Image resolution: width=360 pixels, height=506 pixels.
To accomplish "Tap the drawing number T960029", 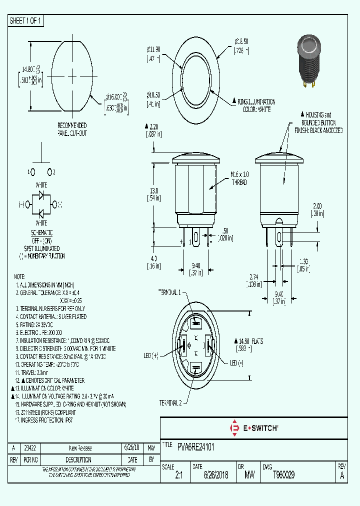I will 284,475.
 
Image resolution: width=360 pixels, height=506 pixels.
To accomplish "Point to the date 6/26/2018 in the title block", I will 216,475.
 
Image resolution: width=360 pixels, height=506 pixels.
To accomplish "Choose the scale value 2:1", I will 179,475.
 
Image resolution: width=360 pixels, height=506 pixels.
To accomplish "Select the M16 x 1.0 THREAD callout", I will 239,178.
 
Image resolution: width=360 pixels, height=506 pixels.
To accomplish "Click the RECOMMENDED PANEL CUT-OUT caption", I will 71,129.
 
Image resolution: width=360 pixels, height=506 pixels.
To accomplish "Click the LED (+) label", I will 150,355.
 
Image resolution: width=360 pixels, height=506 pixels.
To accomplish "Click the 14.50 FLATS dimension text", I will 248,344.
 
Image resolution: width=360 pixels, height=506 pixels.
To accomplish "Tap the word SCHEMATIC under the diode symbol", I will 41,233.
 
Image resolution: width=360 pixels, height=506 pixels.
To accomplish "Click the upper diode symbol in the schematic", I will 41,195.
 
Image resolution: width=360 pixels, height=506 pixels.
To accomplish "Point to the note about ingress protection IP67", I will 48,420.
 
